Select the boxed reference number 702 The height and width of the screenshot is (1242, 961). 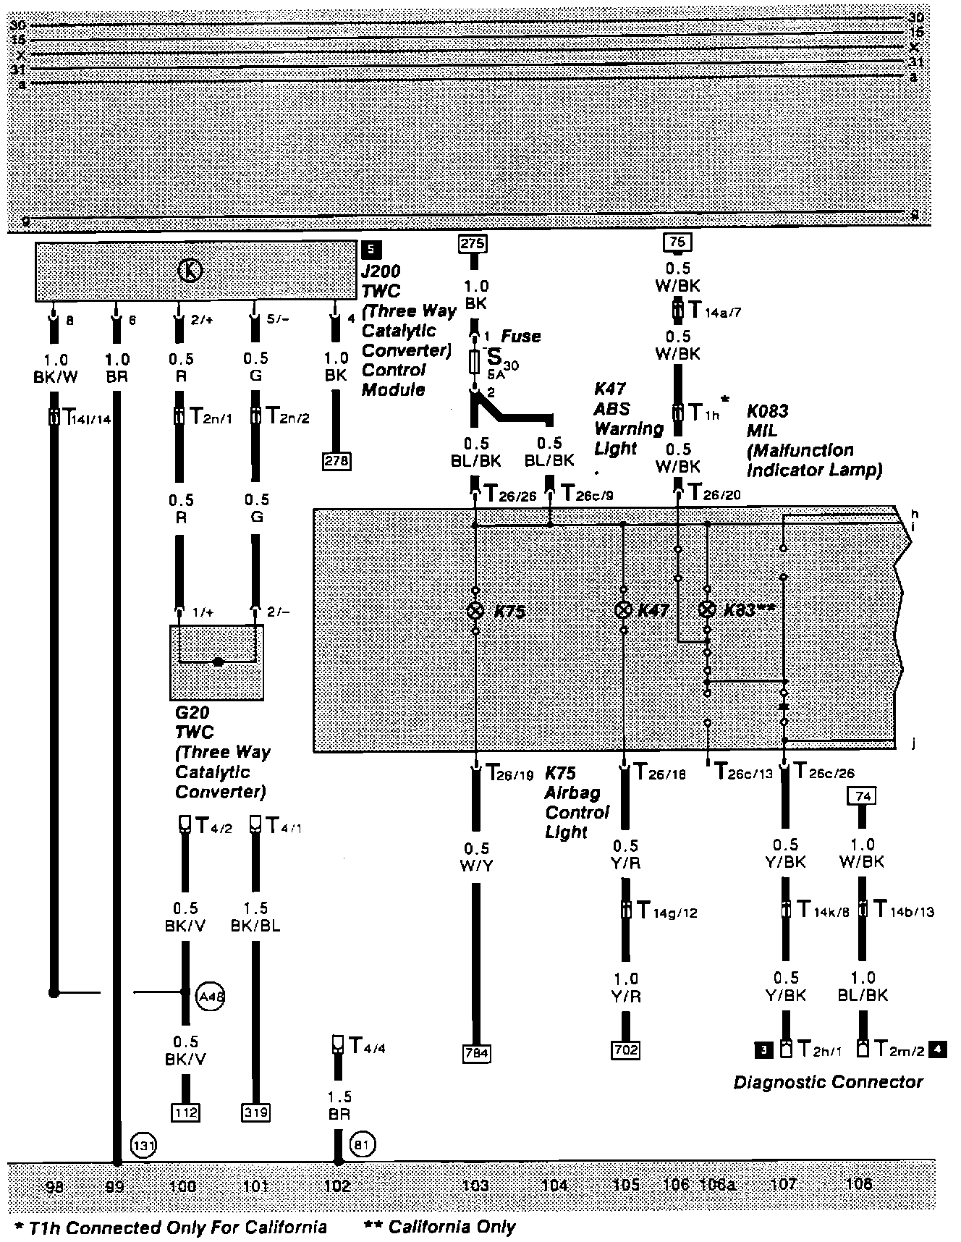coord(625,1049)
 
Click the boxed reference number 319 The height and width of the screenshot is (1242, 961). coord(255,1112)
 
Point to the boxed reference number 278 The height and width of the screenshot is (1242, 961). coord(336,460)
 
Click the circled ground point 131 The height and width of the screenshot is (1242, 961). coord(142,1145)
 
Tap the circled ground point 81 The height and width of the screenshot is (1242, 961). coord(363,1145)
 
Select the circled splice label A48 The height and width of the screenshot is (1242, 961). coord(211,997)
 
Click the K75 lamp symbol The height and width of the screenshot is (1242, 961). coord(475,610)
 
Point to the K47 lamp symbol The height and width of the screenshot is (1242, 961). coord(623,609)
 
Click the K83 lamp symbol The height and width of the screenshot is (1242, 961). coord(708,609)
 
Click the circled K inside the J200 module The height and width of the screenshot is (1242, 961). coord(190,271)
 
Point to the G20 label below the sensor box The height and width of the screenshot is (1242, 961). coord(192,713)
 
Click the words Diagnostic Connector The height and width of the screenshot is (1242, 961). coord(828,1082)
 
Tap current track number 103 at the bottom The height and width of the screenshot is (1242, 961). coord(475,1185)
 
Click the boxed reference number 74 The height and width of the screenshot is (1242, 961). coord(861,796)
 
